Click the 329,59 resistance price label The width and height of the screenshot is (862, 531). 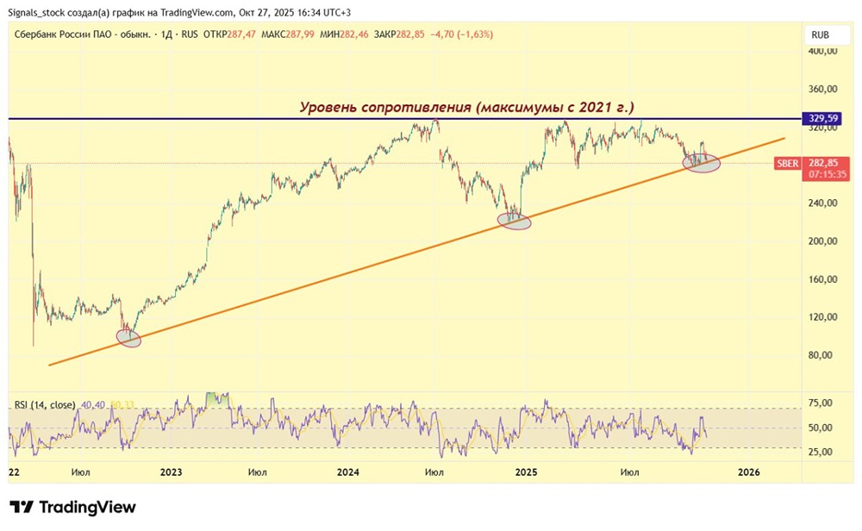tap(823, 118)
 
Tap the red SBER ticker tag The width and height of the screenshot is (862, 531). tap(787, 163)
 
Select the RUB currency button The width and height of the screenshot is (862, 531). tap(820, 34)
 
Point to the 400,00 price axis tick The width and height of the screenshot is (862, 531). tap(822, 51)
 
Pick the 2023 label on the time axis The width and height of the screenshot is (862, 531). tap(171, 472)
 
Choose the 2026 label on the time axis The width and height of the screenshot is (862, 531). tap(749, 472)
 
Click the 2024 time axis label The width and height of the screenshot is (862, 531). tap(348, 472)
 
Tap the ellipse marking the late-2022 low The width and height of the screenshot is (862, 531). tap(128, 338)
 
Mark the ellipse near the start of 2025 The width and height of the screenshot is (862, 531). tap(514, 221)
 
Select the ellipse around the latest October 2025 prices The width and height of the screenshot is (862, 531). tap(702, 163)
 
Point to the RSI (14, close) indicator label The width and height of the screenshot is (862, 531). tap(45, 405)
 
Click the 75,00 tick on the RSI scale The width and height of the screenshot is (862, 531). tap(821, 403)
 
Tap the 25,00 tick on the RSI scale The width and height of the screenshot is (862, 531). tap(821, 452)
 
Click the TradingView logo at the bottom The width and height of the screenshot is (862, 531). tap(72, 507)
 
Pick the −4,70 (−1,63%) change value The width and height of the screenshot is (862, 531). tap(462, 34)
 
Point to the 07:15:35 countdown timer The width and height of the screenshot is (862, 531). tap(828, 175)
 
